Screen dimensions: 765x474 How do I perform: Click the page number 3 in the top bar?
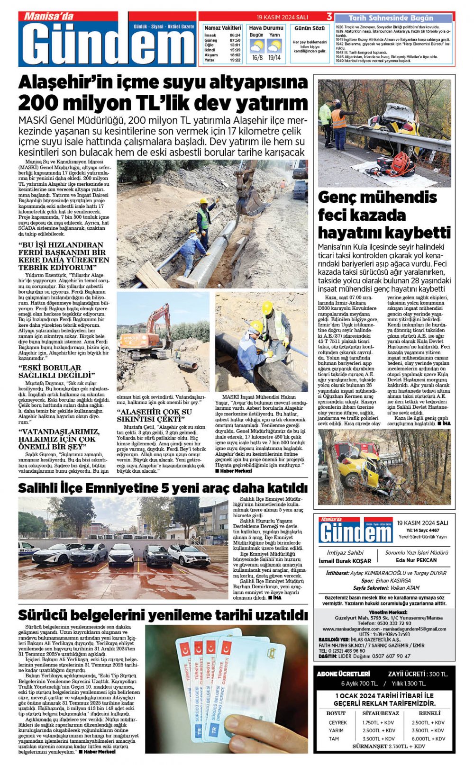pyautogui.click(x=329, y=17)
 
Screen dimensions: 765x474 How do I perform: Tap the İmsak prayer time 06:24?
pyautogui.click(x=235, y=36)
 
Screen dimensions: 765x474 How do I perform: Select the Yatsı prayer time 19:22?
pyautogui.click(x=235, y=60)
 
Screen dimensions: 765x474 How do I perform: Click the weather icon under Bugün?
pyautogui.click(x=257, y=46)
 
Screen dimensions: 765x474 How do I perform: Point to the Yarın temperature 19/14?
pyautogui.click(x=274, y=58)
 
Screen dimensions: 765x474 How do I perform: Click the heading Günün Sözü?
pyautogui.click(x=310, y=28)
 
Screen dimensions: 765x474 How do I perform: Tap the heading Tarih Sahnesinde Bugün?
pyautogui.click(x=391, y=18)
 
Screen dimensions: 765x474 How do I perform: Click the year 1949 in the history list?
pyautogui.click(x=339, y=61)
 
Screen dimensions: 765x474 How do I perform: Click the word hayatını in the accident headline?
pyautogui.click(x=345, y=233)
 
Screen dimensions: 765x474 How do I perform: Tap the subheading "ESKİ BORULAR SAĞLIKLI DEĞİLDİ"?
pyautogui.click(x=57, y=371)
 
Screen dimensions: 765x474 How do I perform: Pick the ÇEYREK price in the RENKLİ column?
pyautogui.click(x=428, y=722)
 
